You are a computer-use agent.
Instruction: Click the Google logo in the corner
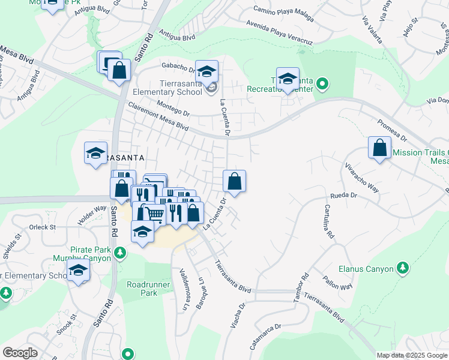tap(20, 353)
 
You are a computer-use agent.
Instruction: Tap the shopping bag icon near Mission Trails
tap(379, 148)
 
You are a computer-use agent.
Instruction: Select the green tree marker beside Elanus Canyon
tap(403, 268)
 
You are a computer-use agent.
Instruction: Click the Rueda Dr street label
tap(345, 196)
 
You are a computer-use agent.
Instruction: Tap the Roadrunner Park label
tap(142, 289)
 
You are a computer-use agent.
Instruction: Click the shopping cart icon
tap(155, 213)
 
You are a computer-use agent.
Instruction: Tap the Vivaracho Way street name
tap(362, 176)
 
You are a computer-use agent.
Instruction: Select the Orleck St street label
tap(43, 227)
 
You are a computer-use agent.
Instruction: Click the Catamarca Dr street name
tap(267, 338)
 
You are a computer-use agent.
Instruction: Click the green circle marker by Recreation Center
tap(322, 83)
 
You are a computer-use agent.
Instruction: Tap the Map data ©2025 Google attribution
tap(412, 355)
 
